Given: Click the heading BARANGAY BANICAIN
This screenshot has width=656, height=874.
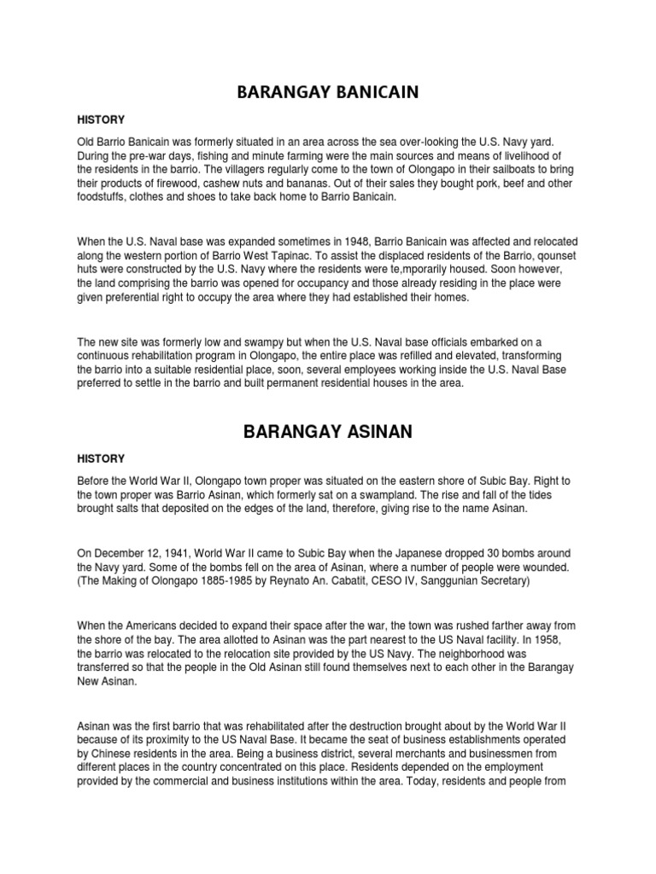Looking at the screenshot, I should click(328, 91).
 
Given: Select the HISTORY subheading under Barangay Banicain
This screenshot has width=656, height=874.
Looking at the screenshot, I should click(101, 119).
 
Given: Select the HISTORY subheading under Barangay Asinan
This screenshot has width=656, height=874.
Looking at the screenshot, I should click(101, 459).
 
